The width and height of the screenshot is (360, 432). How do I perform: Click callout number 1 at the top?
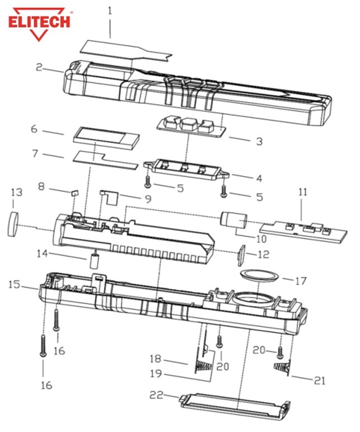(x=111, y=10)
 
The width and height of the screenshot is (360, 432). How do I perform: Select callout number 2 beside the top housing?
(x=39, y=67)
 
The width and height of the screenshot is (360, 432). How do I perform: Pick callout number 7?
(x=35, y=153)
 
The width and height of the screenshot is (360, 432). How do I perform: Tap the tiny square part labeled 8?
(x=74, y=192)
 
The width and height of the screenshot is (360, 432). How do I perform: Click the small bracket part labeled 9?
(x=110, y=195)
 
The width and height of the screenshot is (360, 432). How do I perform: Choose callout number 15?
(x=15, y=284)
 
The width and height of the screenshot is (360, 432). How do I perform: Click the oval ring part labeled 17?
(x=258, y=274)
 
